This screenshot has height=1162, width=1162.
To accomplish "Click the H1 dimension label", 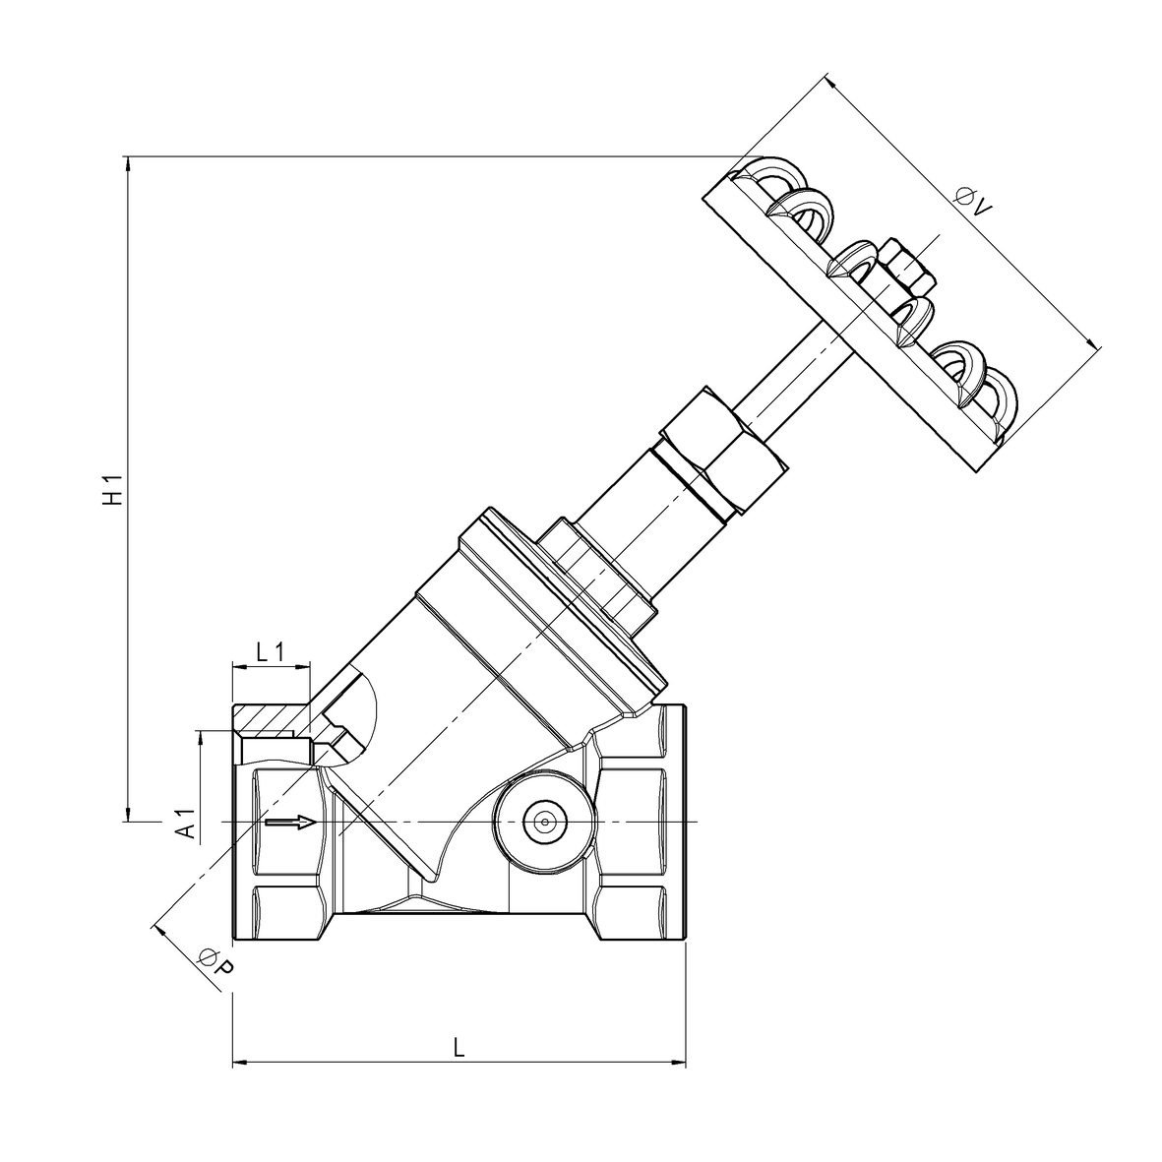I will (x=115, y=489).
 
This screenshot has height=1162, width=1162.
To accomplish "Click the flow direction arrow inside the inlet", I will (x=291, y=822).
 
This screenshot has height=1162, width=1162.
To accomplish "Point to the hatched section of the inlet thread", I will (x=271, y=721).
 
